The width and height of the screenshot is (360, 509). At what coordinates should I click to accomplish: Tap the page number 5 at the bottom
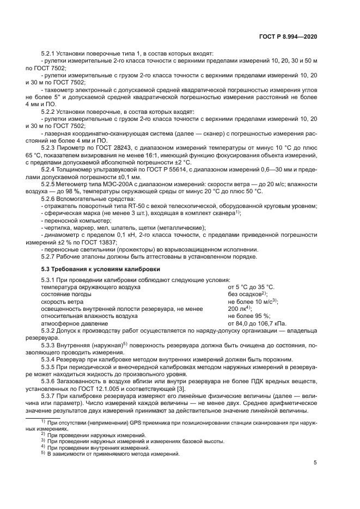[x=315, y=463]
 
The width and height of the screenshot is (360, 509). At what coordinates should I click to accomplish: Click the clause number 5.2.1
[x=50, y=55]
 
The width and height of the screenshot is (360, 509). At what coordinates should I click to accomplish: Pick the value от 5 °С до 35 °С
[x=251, y=287]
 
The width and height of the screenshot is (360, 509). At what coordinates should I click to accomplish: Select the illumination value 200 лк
[x=237, y=308]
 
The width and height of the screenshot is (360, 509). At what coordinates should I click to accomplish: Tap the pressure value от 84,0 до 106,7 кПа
[x=255, y=323]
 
